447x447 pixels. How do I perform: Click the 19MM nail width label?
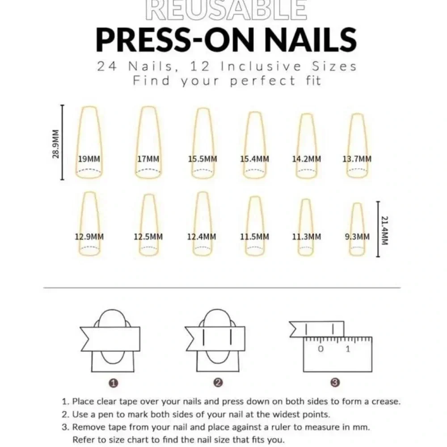(x=89, y=159)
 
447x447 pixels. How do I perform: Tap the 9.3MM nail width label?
(x=357, y=236)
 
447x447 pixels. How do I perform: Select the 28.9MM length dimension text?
(x=55, y=144)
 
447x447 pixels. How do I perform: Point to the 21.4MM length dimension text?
(x=385, y=231)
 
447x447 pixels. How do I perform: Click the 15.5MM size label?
(x=202, y=159)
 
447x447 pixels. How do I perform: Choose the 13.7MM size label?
(x=357, y=159)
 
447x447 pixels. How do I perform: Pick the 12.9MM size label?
(x=89, y=236)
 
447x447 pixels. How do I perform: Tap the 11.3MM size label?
(x=307, y=236)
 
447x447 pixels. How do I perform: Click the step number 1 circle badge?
(x=114, y=384)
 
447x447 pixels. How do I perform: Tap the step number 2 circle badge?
(x=218, y=383)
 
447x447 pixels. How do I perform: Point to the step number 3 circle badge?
(x=335, y=383)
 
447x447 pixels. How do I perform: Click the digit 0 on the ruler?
(x=320, y=349)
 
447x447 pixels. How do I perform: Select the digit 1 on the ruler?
(x=348, y=349)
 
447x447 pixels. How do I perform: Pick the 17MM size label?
(x=148, y=159)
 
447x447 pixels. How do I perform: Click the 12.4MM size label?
(x=202, y=236)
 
